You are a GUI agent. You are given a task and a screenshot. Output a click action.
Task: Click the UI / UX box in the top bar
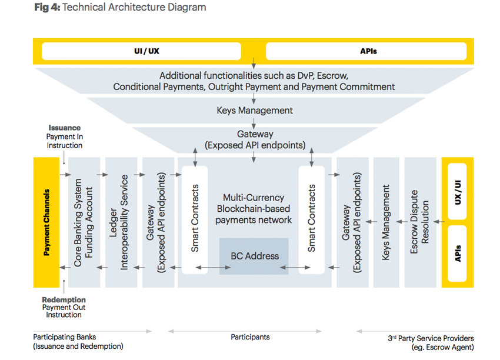point(146,51)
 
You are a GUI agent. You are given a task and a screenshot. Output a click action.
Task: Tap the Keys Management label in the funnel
point(254,110)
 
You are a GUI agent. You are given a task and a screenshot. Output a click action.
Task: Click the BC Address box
point(254,256)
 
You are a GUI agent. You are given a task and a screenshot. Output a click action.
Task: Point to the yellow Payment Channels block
point(46,222)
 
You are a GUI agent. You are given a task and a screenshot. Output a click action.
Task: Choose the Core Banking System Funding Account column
point(84,222)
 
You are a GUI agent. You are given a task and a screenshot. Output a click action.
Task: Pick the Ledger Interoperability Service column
point(121,222)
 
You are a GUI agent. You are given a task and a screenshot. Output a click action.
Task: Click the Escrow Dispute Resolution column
point(419,222)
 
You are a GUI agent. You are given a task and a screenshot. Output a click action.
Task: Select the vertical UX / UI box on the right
point(458,191)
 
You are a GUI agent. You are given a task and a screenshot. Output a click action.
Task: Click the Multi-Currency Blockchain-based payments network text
point(254,209)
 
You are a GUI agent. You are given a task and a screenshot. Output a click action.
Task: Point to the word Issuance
point(65,128)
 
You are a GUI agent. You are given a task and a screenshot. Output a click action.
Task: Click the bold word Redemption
point(64,299)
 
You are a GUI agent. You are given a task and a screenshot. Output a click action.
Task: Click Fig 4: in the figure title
point(46,8)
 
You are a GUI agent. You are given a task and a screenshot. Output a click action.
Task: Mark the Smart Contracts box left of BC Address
point(195,219)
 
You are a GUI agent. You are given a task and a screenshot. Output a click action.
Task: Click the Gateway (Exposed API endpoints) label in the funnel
point(254,139)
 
